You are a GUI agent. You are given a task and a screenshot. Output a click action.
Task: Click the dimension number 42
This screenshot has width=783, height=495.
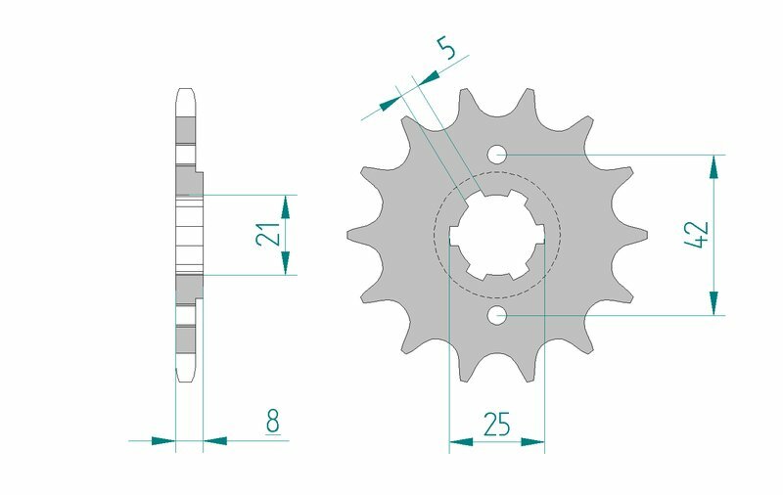697,235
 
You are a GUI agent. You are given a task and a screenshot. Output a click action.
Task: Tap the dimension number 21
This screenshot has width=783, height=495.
265,234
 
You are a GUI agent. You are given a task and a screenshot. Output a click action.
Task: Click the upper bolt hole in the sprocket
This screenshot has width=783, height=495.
497,154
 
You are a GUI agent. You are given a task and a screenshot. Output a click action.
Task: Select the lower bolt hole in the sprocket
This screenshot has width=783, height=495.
497,315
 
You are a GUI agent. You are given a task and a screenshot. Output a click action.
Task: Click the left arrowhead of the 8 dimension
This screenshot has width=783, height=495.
163,441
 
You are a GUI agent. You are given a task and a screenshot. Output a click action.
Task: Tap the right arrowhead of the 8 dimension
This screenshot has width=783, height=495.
214,441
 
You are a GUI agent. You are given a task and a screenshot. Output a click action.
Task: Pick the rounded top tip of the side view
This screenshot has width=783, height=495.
187,94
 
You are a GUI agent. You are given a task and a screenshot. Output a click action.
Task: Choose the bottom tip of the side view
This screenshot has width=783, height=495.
186,378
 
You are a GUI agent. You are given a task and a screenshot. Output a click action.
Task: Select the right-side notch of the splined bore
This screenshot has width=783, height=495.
537,235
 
